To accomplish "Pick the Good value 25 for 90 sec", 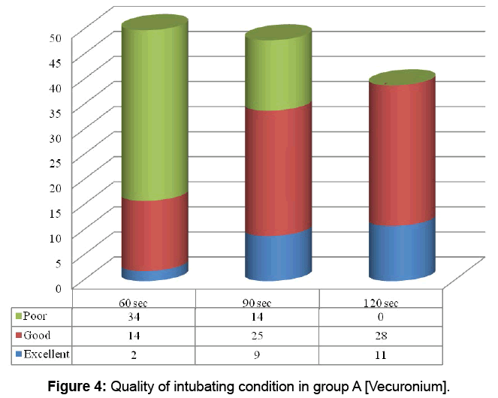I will point(258,336).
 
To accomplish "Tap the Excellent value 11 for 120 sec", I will point(381,354).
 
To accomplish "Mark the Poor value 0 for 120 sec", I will point(381,317).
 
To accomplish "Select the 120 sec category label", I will point(381,303).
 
